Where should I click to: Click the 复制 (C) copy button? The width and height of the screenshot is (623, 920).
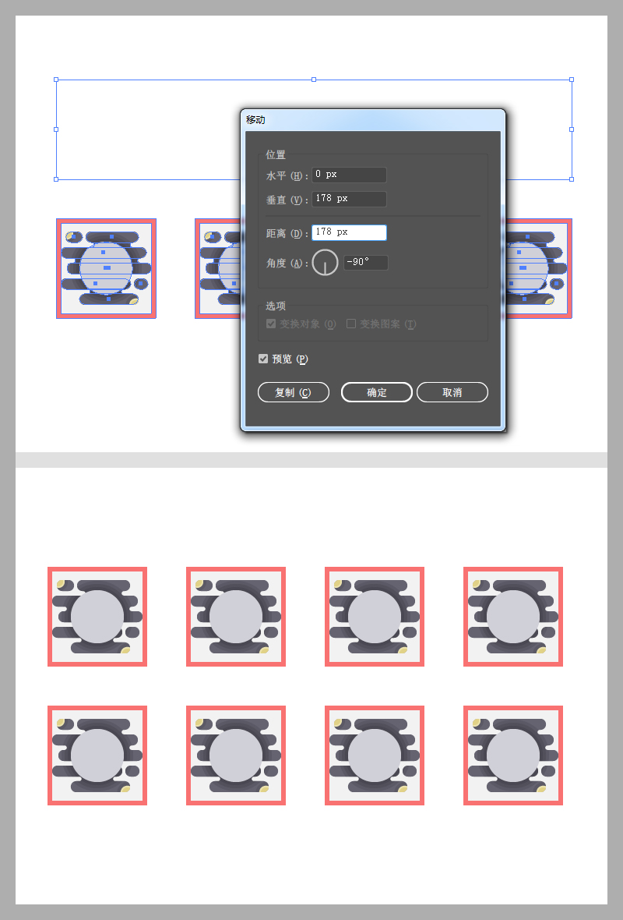[294, 392]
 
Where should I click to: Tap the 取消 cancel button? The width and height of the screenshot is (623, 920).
[452, 392]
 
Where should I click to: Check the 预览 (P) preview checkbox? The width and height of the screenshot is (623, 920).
[263, 359]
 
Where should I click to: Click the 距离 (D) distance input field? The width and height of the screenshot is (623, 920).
[350, 232]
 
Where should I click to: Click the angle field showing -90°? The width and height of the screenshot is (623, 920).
[366, 262]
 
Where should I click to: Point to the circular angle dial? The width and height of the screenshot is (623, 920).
[326, 262]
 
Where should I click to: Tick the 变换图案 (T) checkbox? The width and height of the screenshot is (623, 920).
[351, 324]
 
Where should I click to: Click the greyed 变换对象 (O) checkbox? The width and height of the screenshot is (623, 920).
[271, 324]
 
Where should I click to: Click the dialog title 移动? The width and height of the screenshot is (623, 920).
[255, 120]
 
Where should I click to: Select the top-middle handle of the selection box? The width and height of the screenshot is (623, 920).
[314, 80]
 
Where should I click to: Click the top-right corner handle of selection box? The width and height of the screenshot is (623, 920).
[572, 80]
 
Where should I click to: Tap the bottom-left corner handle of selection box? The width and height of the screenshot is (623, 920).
[56, 179]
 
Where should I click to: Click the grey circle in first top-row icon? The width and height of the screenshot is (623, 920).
[97, 617]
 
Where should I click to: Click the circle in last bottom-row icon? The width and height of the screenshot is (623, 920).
[513, 755]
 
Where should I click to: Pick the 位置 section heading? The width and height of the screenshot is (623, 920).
[276, 154]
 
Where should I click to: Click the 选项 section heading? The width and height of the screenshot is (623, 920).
[276, 306]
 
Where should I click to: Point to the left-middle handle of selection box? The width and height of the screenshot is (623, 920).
[56, 129]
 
